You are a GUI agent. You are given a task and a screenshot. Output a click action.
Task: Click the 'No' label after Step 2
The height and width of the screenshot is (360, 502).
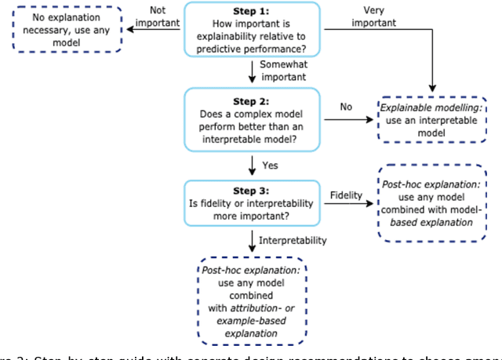click(345, 105)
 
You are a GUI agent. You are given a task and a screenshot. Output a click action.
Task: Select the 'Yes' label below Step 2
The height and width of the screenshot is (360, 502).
click(271, 165)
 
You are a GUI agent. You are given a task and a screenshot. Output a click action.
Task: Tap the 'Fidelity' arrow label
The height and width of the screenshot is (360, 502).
click(347, 194)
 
